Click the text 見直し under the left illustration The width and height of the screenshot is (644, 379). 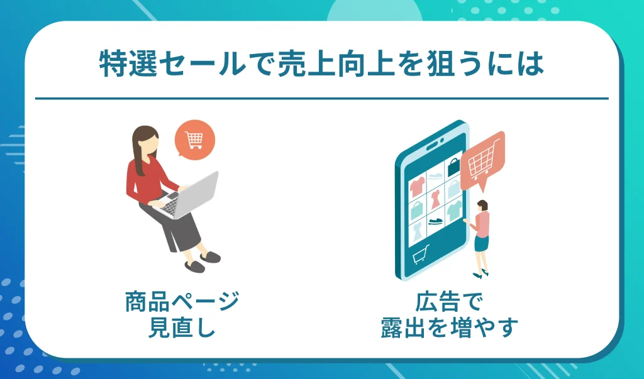click(x=182, y=328)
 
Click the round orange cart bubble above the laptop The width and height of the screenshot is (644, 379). click(x=195, y=140)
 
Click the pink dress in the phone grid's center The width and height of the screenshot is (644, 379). click(x=435, y=200)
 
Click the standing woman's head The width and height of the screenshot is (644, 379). click(x=482, y=205)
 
